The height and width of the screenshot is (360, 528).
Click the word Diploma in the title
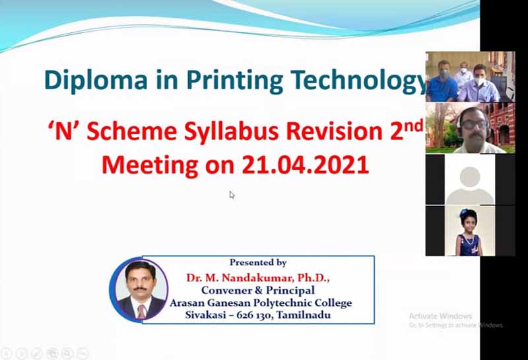(x=96, y=81)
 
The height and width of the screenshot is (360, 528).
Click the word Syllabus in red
(x=231, y=132)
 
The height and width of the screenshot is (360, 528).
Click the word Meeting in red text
(x=150, y=165)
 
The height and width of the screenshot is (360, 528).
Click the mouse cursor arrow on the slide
(x=232, y=195)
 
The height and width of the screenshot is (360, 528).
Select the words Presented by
(x=258, y=262)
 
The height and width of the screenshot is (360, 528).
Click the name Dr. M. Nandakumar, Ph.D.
(x=258, y=277)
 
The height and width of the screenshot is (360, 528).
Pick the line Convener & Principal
(x=258, y=290)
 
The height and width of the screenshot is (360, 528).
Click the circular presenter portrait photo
(x=139, y=290)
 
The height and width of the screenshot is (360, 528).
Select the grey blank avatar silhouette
(x=470, y=186)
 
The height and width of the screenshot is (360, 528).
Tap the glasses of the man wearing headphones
(x=475, y=125)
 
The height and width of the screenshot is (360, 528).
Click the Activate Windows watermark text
(x=440, y=316)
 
